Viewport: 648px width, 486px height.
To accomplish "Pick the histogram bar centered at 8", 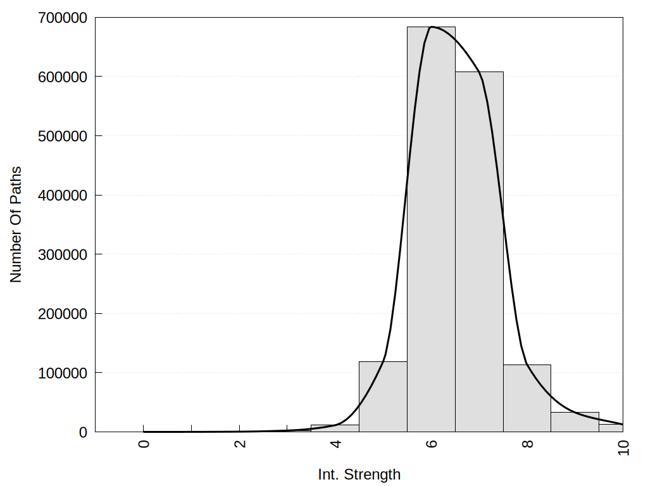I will (x=527, y=399).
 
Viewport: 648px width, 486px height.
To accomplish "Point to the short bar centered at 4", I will (x=335, y=428).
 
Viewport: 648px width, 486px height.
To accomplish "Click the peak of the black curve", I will (x=432, y=27).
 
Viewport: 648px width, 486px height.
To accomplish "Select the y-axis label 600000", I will (x=61, y=77).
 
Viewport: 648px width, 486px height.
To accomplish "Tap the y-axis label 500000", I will (x=61, y=136).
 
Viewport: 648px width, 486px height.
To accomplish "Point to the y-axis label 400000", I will (x=61, y=196).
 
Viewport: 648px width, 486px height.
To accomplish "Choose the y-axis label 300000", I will (x=61, y=254).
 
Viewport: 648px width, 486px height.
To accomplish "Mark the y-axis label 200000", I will (x=61, y=314).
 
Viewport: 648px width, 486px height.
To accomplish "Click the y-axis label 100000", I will (x=61, y=373).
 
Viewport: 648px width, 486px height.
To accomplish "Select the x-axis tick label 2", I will (x=240, y=444).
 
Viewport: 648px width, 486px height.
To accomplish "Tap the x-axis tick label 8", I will (x=528, y=444).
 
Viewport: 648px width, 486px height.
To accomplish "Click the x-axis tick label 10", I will (x=623, y=447).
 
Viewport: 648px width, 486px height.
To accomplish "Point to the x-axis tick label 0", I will (x=144, y=444).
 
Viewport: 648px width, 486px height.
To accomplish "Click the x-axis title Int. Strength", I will (x=359, y=475).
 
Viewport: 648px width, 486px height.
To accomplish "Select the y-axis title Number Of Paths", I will (x=16, y=224).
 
